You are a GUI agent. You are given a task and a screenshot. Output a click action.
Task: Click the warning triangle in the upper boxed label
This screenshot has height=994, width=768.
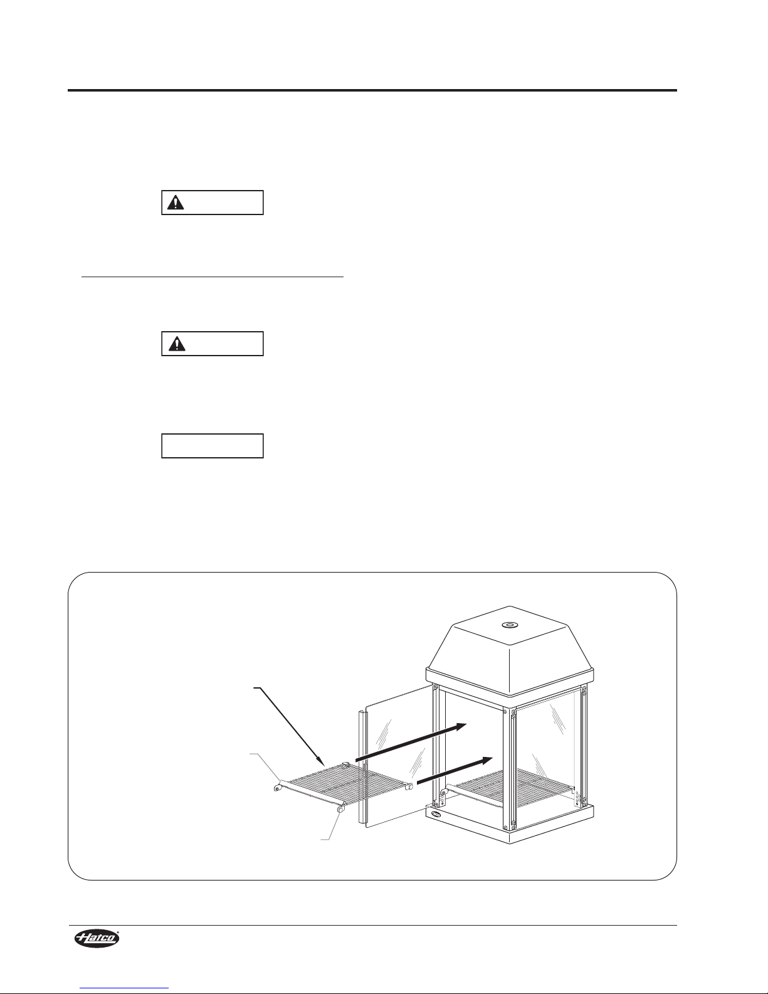tap(176, 202)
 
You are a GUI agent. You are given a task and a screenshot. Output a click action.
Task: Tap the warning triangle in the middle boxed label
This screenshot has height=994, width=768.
tap(176, 344)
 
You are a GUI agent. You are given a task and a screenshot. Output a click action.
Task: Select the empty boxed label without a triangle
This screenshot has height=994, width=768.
tap(213, 446)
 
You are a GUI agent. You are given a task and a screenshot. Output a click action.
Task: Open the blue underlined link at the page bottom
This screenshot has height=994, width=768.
tap(124, 990)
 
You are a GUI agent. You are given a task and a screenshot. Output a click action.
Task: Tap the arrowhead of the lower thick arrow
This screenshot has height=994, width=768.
tap(485, 760)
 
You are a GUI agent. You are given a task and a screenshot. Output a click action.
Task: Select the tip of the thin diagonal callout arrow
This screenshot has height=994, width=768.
tap(324, 765)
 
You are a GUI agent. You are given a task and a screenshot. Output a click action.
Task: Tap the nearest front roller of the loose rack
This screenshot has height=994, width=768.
tap(340, 810)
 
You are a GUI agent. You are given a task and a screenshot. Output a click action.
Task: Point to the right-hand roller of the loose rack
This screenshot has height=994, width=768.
tap(409, 786)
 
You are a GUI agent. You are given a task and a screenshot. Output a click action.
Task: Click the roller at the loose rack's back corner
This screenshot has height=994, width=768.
tap(346, 763)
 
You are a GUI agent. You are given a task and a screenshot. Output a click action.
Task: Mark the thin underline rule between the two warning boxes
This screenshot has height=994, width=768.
tap(212, 277)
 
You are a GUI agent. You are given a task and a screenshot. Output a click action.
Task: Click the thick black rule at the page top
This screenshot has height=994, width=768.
tap(372, 90)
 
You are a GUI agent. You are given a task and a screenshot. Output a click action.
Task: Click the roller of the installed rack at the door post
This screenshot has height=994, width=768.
tap(443, 792)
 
